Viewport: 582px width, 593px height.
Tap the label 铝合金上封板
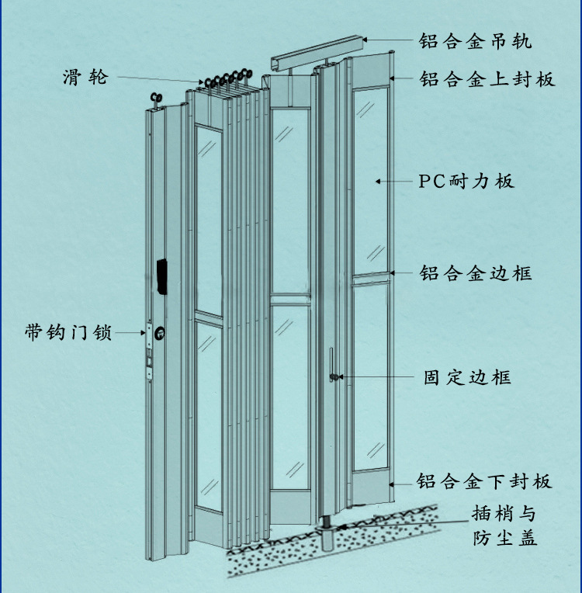487,79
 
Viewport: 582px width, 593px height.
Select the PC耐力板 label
466,182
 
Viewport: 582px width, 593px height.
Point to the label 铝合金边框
475,273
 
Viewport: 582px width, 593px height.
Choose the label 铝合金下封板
484,481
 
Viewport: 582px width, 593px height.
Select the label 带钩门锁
68,333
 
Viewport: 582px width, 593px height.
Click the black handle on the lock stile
162,276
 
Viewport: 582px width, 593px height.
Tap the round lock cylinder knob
158,334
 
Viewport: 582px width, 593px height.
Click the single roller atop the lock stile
153,99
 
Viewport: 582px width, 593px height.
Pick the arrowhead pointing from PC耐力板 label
379,181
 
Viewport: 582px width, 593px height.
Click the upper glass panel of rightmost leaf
370,179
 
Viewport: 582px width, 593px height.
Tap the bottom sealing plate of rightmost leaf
370,487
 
